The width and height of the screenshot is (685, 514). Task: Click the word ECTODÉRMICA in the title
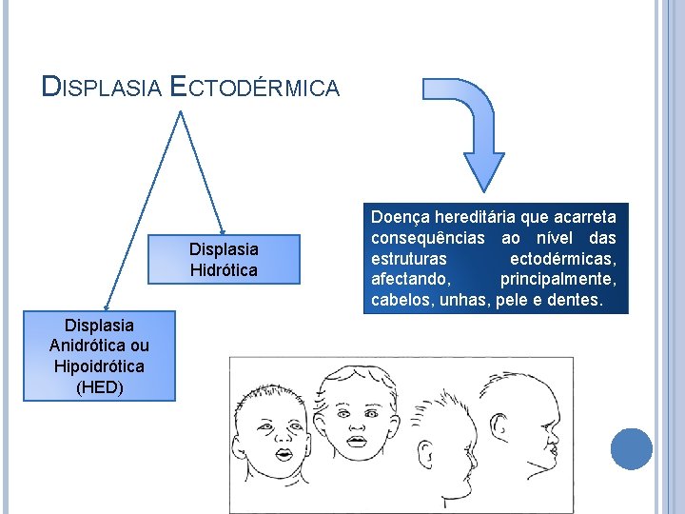coord(254,88)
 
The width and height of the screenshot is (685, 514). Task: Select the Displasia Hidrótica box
coord(224,259)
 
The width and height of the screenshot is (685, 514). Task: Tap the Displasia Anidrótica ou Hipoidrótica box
coord(100,355)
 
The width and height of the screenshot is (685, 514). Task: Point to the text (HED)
coord(100,386)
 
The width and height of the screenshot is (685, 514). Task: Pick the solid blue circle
coord(632,448)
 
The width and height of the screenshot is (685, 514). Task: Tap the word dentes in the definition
coord(576,301)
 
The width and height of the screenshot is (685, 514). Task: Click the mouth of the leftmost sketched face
coord(284,453)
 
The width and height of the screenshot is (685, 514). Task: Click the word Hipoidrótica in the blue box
coord(100,366)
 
